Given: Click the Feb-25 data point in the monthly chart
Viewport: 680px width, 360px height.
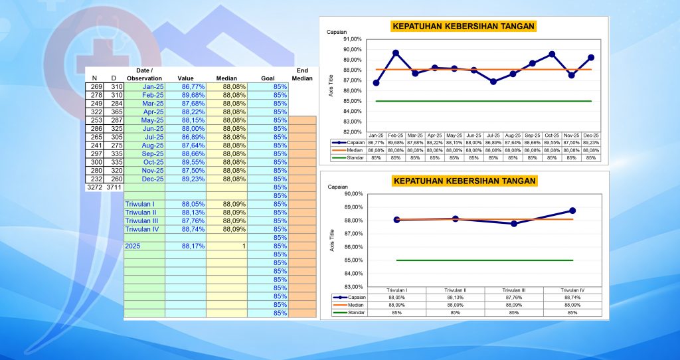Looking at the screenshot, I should tap(395, 52).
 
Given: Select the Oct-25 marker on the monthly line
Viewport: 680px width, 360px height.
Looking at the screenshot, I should tap(552, 54).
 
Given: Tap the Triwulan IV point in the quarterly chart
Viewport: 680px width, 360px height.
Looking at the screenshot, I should tap(572, 211).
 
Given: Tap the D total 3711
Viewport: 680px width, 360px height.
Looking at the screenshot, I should tap(114, 188).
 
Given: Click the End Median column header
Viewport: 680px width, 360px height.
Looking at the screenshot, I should tap(302, 74).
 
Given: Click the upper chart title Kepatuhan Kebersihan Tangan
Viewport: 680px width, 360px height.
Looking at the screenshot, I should tap(464, 27).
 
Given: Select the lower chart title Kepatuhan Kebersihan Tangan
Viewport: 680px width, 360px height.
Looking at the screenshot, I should tap(464, 181).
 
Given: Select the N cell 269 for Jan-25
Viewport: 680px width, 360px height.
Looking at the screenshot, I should tap(95, 86).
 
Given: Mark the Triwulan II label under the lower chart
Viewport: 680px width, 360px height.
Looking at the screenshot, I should tap(455, 290).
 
